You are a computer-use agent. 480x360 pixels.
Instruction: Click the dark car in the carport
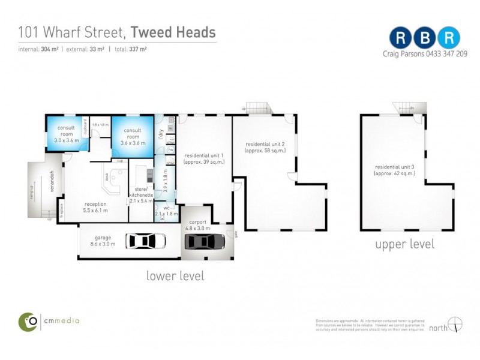(x=205, y=241)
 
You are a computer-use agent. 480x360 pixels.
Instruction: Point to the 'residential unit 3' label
(x=394, y=169)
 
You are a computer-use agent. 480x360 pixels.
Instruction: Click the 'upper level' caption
(x=404, y=244)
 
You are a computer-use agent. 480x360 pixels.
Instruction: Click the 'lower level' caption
(x=175, y=276)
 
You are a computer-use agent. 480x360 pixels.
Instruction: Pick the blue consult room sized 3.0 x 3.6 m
(x=67, y=134)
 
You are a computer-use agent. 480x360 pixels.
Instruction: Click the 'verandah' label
(x=52, y=181)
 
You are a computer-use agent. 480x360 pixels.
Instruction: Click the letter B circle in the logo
(x=425, y=37)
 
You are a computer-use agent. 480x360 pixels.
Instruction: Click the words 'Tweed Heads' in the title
(x=173, y=32)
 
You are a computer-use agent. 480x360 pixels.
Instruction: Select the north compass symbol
(x=457, y=326)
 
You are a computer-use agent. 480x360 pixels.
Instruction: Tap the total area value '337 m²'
(x=139, y=49)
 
